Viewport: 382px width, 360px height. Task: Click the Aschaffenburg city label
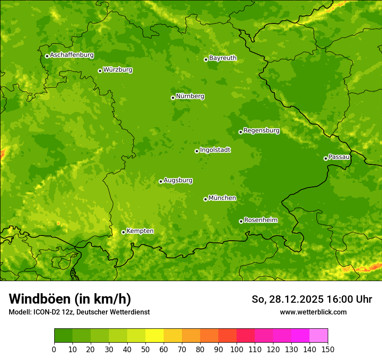pyautogui.click(x=72, y=55)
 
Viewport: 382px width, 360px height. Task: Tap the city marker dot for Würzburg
pyautogui.click(x=100, y=71)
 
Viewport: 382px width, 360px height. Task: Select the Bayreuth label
pyautogui.click(x=223, y=58)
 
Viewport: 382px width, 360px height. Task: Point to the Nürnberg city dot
pyautogui.click(x=173, y=98)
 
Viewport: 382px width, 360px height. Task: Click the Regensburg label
pyautogui.click(x=261, y=131)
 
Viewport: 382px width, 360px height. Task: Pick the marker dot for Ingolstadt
pyautogui.click(x=197, y=151)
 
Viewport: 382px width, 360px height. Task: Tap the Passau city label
pyautogui.click(x=339, y=157)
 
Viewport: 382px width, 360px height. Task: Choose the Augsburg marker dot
pyautogui.click(x=161, y=181)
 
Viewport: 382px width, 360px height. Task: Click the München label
pyautogui.click(x=222, y=198)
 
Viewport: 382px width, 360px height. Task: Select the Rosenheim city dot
pyautogui.click(x=241, y=221)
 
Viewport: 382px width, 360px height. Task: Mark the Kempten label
pyautogui.click(x=140, y=231)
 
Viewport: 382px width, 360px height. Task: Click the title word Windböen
pyautogui.click(x=40, y=299)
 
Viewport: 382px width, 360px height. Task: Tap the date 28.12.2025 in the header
pyautogui.click(x=296, y=299)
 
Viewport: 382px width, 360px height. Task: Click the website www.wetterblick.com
pyautogui.click(x=313, y=312)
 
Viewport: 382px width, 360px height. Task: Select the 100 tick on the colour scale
pyautogui.click(x=237, y=349)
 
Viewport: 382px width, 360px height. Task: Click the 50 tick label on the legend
pyautogui.click(x=145, y=349)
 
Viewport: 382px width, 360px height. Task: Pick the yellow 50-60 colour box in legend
pyautogui.click(x=155, y=336)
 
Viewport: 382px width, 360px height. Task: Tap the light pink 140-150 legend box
pyautogui.click(x=319, y=336)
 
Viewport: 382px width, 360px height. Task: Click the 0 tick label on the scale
pyautogui.click(x=54, y=349)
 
